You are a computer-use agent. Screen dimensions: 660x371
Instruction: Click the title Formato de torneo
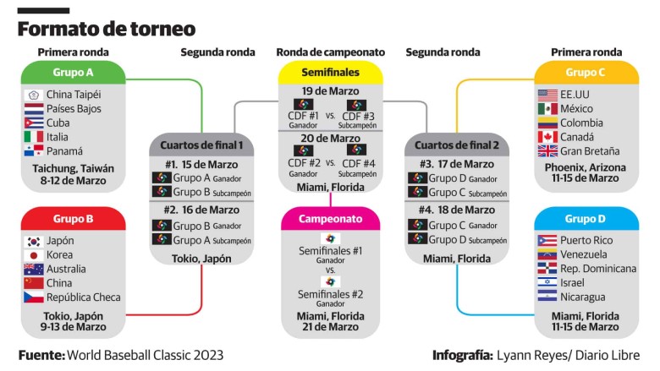click(x=107, y=29)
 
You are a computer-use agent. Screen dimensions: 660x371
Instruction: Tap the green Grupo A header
click(x=74, y=73)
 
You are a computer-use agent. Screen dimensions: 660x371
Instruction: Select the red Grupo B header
click(x=74, y=219)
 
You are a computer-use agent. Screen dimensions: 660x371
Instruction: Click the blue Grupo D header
click(x=586, y=219)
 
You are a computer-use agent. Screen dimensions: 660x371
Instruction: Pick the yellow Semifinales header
click(x=330, y=73)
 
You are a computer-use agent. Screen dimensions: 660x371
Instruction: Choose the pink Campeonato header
click(x=330, y=219)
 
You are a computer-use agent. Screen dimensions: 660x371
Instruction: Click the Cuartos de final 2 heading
click(x=457, y=145)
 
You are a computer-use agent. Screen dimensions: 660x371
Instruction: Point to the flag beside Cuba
click(x=34, y=123)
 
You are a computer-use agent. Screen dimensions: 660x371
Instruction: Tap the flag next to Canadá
click(x=547, y=137)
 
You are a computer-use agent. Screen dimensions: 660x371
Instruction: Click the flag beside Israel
click(x=547, y=282)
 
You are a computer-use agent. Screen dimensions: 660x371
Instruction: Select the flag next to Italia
click(x=34, y=137)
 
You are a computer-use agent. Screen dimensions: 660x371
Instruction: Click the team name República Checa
click(x=83, y=297)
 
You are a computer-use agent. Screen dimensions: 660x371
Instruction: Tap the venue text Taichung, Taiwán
click(x=74, y=168)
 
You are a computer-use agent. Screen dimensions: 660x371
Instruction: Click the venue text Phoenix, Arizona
click(x=585, y=167)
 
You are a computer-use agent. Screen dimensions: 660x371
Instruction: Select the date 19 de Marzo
click(x=330, y=90)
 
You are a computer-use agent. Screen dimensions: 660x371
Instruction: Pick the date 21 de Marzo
click(x=330, y=326)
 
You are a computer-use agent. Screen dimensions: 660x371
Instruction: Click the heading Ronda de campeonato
click(x=330, y=52)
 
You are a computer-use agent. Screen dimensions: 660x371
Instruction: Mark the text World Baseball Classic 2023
click(x=146, y=355)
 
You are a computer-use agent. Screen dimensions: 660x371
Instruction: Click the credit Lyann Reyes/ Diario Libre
click(x=569, y=356)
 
